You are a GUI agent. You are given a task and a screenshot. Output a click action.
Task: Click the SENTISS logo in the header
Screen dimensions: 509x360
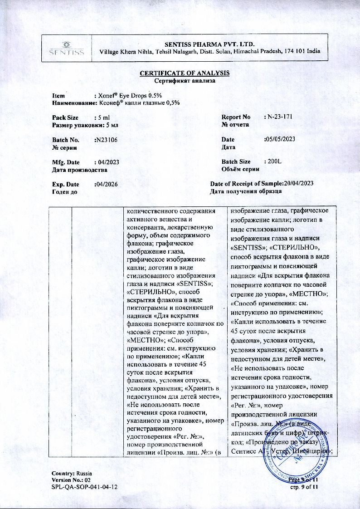(67, 48)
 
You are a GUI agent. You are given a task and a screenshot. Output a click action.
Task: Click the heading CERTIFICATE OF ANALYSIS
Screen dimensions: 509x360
(185, 73)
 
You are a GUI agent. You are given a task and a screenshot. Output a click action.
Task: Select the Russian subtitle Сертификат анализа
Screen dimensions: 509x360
(184, 80)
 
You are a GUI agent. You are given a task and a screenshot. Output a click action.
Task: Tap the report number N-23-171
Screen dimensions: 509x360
(280, 117)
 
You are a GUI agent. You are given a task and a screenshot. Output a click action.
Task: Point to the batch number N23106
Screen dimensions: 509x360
(106, 140)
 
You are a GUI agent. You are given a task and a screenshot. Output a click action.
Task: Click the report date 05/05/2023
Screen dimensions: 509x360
(279, 139)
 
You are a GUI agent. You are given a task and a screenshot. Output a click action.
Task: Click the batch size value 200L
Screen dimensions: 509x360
(274, 162)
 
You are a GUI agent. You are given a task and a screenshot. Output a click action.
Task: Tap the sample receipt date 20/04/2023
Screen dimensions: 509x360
(299, 183)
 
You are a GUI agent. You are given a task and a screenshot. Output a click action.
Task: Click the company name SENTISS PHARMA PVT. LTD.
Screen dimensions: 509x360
(209, 44)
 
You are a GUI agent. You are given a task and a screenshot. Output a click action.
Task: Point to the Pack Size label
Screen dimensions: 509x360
(65, 117)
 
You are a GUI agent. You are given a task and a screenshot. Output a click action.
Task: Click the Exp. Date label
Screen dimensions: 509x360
(66, 184)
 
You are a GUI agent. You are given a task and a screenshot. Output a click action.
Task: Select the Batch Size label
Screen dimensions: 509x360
(236, 162)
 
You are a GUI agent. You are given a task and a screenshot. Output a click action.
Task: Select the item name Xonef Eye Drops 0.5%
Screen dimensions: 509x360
(128, 96)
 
